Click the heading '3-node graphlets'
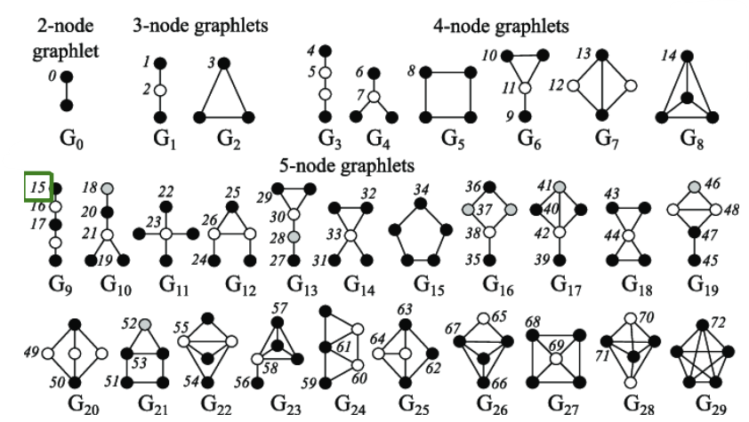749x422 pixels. click(200, 26)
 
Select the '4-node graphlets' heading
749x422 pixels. click(502, 26)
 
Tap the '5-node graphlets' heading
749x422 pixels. click(346, 164)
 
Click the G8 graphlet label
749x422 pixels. click(690, 139)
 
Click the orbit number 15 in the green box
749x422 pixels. click(38, 187)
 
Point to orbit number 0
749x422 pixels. click(53, 77)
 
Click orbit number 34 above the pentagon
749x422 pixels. click(422, 189)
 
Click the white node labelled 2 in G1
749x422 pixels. click(161, 91)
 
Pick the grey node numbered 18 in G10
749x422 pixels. click(107, 188)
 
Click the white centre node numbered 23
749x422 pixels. click(165, 233)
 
